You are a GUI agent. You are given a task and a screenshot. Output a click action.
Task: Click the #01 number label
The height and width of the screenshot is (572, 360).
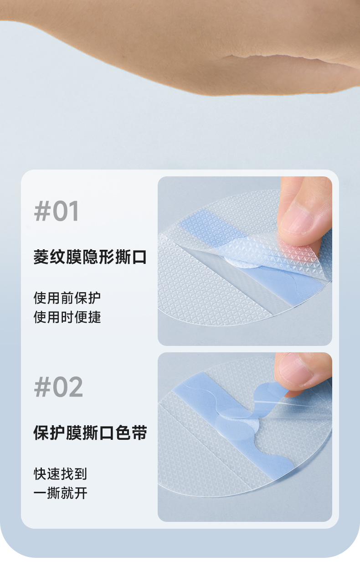pos(56,211)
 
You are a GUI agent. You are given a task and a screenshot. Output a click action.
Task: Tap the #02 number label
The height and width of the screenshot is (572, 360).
pos(58,387)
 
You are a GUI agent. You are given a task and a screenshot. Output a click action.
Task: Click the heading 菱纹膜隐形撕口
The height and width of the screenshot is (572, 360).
pos(90,257)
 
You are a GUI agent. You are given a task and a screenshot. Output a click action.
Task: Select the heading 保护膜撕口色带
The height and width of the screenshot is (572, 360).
pos(90,433)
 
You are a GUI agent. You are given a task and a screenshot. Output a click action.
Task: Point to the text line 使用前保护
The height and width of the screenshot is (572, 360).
pos(67,298)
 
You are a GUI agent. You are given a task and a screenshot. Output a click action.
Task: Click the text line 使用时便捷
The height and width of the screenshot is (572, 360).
pos(67,317)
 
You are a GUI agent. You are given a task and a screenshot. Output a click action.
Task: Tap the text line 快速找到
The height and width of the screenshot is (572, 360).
pos(61,474)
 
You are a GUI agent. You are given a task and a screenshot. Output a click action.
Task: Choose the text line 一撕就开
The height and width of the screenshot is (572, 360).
pos(61,493)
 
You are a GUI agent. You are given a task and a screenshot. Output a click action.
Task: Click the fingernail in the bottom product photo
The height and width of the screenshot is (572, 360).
pos(296,370)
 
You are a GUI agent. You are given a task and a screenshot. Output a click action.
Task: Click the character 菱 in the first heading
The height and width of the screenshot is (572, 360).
pos(41,257)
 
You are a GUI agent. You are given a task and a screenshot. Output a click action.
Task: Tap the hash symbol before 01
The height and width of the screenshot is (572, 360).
pos(42,211)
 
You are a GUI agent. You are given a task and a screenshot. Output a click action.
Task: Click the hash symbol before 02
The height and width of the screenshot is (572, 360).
pos(42,387)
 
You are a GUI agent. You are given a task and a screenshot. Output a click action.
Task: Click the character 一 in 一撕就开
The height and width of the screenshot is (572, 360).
pos(40,493)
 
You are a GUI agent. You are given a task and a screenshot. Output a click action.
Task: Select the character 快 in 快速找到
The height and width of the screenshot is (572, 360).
pos(40,474)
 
